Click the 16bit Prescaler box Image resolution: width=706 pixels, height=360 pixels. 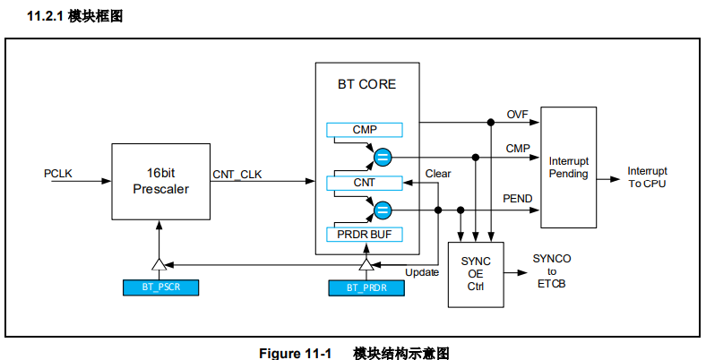(160, 180)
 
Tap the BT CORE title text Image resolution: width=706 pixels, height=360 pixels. (366, 85)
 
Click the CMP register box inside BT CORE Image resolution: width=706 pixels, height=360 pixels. (365, 130)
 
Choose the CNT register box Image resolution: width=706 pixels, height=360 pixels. (365, 183)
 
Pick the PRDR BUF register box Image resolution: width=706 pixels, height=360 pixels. (365, 235)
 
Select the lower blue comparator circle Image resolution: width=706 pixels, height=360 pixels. (383, 210)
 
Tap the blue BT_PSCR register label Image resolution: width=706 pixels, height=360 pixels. (159, 287)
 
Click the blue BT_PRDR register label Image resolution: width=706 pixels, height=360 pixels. (366, 287)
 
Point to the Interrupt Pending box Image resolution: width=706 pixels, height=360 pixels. (568, 167)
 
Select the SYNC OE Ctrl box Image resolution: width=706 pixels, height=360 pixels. (476, 274)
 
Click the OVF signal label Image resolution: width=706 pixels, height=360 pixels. (518, 115)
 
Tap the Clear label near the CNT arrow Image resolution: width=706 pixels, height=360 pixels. (438, 174)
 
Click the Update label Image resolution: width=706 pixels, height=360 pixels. (422, 272)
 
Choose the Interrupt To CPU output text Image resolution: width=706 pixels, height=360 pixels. (647, 177)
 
